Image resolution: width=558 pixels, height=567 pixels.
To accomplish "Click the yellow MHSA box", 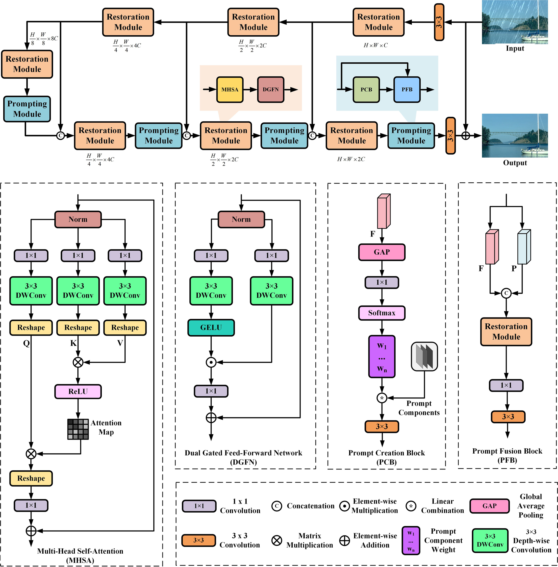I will point(230,89).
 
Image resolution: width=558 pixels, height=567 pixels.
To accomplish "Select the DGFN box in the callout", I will point(271,89).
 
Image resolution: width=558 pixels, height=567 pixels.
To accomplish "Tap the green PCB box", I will point(366,89).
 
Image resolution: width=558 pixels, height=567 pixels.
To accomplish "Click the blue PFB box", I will point(407,89).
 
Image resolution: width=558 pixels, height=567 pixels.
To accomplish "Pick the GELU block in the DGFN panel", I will point(211,327).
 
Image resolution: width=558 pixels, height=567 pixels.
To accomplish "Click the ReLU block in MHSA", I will point(78,391).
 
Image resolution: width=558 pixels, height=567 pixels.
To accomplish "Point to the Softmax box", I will point(382,313).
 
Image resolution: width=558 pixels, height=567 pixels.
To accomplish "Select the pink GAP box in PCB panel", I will point(382,252).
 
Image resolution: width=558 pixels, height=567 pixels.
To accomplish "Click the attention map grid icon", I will point(78,429).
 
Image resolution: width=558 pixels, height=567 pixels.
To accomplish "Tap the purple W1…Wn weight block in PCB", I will point(382,357).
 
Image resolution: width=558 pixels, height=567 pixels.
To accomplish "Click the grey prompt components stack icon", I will point(424,356).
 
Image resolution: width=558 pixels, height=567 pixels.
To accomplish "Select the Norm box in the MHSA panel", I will point(78,219).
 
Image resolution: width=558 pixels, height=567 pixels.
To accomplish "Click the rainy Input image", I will point(515,22).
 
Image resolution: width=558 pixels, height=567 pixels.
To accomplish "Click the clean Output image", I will point(515,135).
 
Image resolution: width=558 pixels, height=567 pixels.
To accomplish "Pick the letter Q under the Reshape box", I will point(26,343).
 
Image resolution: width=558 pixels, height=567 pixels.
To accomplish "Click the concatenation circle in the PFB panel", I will point(506,293).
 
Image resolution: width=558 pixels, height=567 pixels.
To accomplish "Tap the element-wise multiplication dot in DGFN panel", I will point(211,362).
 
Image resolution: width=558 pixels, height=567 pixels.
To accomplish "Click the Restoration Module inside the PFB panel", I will point(506,331).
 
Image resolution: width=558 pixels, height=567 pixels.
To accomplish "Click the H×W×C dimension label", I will point(375,45).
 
